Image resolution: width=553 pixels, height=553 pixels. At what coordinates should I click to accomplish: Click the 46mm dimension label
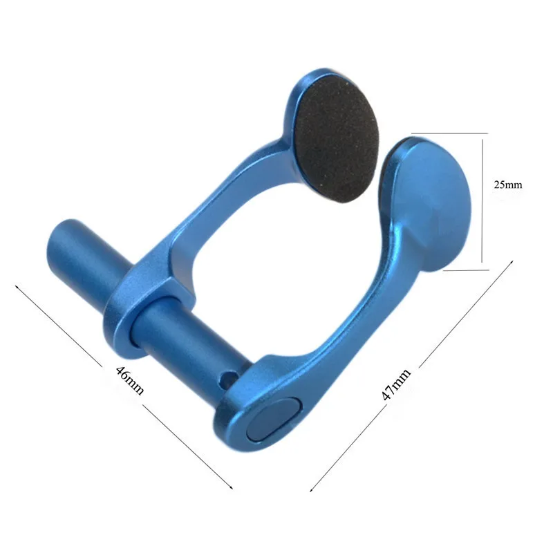[130, 379]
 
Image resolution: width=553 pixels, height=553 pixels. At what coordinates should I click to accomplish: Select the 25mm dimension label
[508, 185]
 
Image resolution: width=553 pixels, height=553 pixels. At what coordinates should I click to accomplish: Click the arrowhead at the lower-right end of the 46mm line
[230, 487]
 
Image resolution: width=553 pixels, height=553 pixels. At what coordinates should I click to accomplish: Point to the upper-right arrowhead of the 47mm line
[513, 262]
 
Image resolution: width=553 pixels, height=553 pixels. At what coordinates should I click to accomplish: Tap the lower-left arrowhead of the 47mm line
[310, 488]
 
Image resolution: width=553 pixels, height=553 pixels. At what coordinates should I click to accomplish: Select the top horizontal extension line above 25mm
[448, 133]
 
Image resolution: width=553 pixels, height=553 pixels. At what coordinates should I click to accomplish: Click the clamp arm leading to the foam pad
[228, 194]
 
